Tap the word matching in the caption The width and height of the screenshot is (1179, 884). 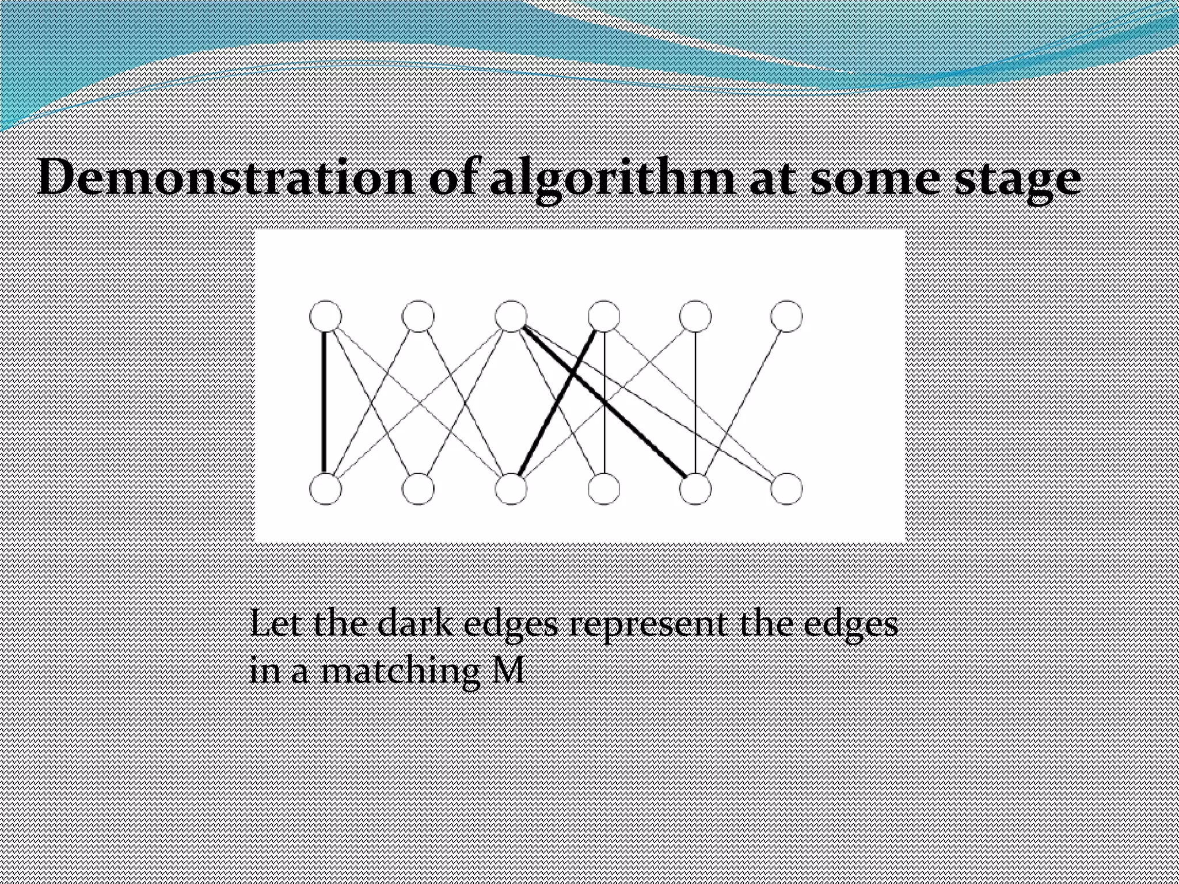tap(397, 671)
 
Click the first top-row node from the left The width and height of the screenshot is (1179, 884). tap(326, 316)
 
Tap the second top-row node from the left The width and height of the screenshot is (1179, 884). tap(419, 316)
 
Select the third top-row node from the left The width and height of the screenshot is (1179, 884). tap(511, 316)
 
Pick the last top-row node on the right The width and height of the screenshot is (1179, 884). tap(786, 316)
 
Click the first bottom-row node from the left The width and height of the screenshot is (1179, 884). tap(326, 489)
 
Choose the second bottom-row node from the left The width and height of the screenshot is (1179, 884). tap(419, 489)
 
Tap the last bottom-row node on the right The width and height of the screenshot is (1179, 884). tap(786, 489)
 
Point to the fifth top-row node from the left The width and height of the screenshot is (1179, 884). tap(695, 316)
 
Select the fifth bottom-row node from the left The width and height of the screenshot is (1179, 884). tap(695, 489)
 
